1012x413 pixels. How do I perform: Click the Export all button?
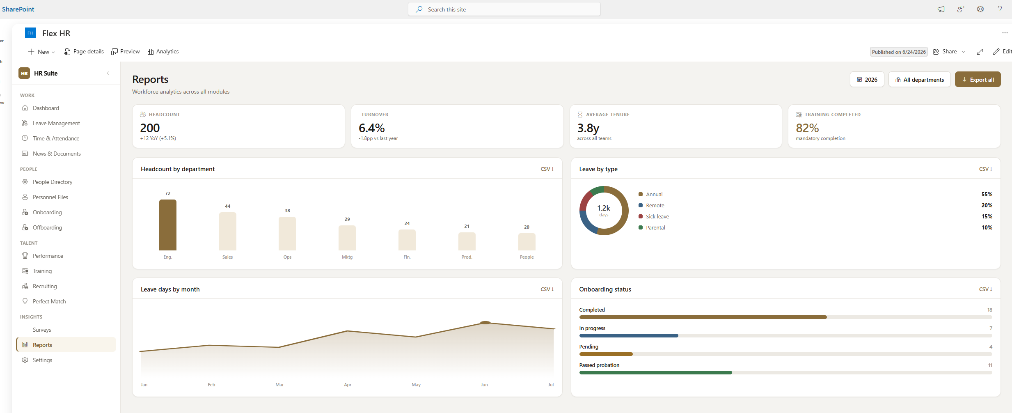tap(978, 80)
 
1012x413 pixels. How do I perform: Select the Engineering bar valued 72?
tap(168, 225)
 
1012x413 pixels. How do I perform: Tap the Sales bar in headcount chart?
tap(228, 231)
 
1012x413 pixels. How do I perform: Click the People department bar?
tap(527, 242)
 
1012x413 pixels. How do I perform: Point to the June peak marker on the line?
tap(485, 323)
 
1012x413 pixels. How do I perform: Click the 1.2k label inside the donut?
tap(604, 208)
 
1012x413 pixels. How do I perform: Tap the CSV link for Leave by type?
tap(985, 169)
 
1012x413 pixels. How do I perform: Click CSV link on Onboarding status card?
tap(985, 289)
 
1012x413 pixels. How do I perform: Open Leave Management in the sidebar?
tap(56, 123)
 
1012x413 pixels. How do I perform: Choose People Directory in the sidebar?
tap(53, 182)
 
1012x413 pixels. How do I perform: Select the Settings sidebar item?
tap(42, 360)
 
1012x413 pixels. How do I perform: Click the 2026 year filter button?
tap(867, 80)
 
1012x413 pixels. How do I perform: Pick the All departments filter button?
tap(919, 80)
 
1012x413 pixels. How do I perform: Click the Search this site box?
tap(504, 9)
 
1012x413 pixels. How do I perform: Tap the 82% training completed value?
tap(807, 128)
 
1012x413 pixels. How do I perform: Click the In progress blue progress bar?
tap(629, 336)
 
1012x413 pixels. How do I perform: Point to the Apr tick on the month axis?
tap(348, 385)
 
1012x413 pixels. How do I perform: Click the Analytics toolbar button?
tap(163, 52)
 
